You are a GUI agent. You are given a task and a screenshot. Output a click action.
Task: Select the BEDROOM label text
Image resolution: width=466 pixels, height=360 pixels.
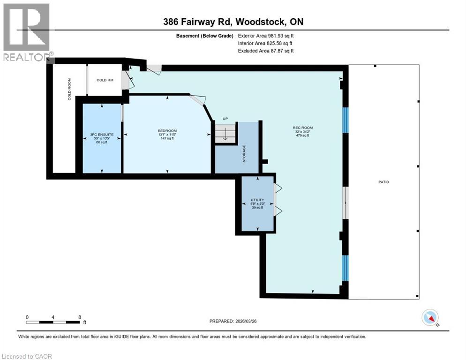[167, 130]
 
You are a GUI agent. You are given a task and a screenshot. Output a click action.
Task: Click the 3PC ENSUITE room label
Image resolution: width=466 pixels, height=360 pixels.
[102, 135]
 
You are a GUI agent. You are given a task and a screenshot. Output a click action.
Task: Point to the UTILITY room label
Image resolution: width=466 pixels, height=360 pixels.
[258, 200]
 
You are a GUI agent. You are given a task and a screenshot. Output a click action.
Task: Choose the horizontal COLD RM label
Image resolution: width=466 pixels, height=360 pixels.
[105, 80]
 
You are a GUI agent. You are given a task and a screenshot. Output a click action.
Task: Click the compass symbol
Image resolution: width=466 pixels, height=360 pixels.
[430, 318]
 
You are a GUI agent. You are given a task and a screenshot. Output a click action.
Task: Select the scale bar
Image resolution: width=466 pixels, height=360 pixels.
[53, 322]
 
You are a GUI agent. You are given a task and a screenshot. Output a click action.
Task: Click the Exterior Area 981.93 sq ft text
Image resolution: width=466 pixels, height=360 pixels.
[266, 36]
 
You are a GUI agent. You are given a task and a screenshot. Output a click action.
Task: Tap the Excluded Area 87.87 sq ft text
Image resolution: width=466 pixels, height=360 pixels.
[266, 51]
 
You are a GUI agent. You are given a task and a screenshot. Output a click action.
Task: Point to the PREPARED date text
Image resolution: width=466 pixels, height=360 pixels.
[233, 321]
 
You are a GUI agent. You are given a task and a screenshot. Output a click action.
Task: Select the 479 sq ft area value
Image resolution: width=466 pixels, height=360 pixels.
[302, 136]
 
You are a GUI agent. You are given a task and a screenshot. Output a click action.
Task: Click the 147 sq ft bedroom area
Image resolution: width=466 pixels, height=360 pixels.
[167, 138]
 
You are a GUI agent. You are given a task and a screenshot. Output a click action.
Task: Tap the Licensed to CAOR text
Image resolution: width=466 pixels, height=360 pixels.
[28, 356]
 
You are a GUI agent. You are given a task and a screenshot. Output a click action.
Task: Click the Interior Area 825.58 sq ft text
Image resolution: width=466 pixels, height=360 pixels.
[266, 43]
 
